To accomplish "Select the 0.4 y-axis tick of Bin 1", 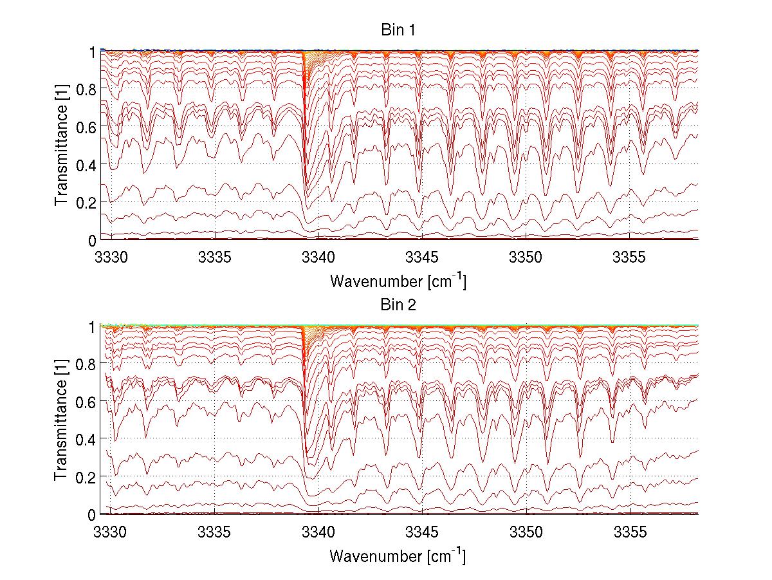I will pyautogui.click(x=85, y=164).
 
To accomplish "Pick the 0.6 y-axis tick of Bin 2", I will pyautogui.click(x=85, y=402).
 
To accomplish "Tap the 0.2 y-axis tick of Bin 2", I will pyautogui.click(x=85, y=477).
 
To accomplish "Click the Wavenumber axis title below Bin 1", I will pyautogui.click(x=398, y=281).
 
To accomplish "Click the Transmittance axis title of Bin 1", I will pyautogui.click(x=61, y=145).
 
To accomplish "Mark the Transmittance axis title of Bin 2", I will pyautogui.click(x=61, y=420).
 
